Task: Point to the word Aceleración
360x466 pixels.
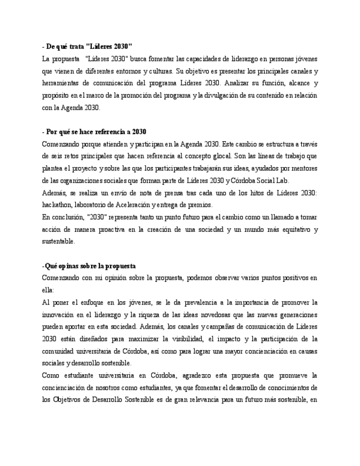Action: click(132, 204)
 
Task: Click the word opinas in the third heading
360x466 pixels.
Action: click(68, 266)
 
